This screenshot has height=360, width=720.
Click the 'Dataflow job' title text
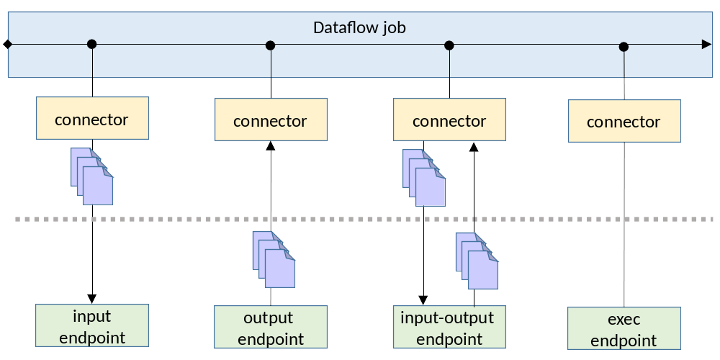(x=359, y=28)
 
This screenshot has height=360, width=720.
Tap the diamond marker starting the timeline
(x=7, y=45)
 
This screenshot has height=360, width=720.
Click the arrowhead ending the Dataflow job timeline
(x=706, y=45)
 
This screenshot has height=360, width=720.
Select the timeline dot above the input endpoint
(x=91, y=45)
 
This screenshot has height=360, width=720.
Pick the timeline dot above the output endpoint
(x=271, y=45)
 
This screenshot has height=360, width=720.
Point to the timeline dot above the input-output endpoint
(x=449, y=45)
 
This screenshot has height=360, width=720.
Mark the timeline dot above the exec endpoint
(x=624, y=47)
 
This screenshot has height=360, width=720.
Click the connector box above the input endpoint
(x=92, y=118)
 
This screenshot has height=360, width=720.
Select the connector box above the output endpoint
(x=271, y=120)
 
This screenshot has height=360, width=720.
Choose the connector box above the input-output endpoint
(x=449, y=120)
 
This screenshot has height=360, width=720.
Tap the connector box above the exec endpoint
(x=624, y=121)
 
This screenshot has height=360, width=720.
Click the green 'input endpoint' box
(x=92, y=326)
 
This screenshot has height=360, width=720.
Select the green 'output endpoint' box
(x=271, y=328)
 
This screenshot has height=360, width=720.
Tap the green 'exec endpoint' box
(x=624, y=329)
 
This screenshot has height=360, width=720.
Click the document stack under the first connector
(x=91, y=176)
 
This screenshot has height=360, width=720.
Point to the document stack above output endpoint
(x=274, y=259)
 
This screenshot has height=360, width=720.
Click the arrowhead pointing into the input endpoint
(x=92, y=298)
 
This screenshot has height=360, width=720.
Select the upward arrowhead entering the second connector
(x=271, y=146)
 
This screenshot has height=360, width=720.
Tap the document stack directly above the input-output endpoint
(x=477, y=260)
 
